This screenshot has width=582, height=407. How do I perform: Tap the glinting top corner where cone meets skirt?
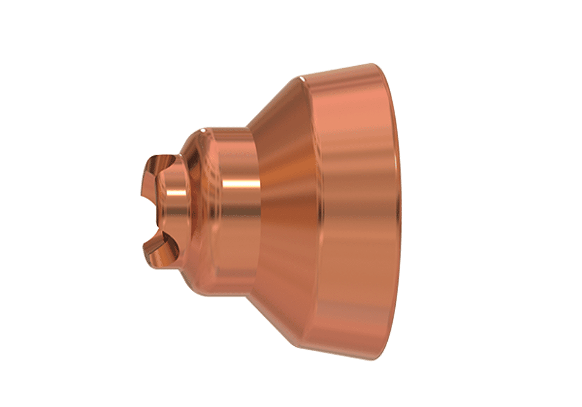coord(300,78)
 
